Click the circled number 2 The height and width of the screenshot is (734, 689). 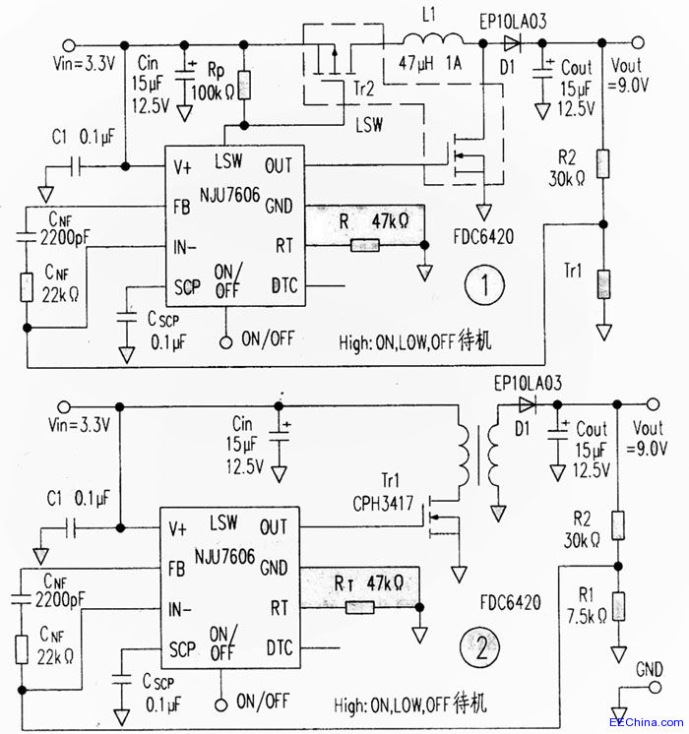click(480, 648)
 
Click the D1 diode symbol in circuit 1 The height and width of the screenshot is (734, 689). click(512, 42)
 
